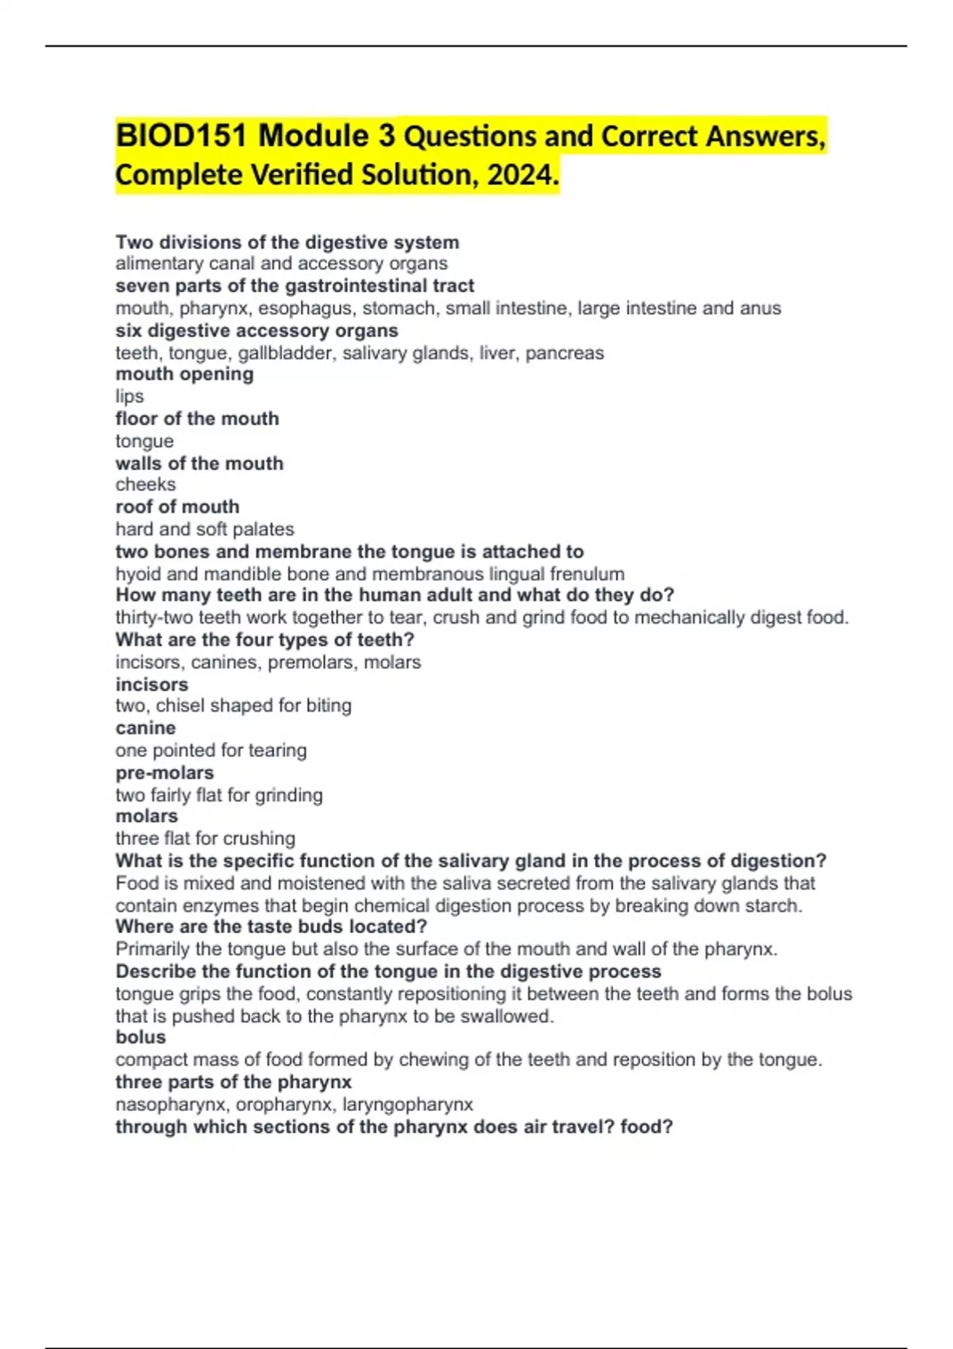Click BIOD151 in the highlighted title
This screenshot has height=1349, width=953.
tap(183, 136)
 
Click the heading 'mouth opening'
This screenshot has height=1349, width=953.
tap(184, 374)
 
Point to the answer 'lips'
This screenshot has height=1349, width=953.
tap(129, 396)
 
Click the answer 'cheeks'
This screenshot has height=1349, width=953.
tap(145, 484)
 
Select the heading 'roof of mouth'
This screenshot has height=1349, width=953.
tap(177, 506)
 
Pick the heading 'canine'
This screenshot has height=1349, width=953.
tap(145, 728)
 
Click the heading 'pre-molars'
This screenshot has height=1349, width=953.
tap(164, 772)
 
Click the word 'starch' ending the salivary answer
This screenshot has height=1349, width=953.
tap(772, 905)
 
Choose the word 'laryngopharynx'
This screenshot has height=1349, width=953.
tap(407, 1104)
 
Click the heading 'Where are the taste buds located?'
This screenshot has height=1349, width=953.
tap(271, 926)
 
